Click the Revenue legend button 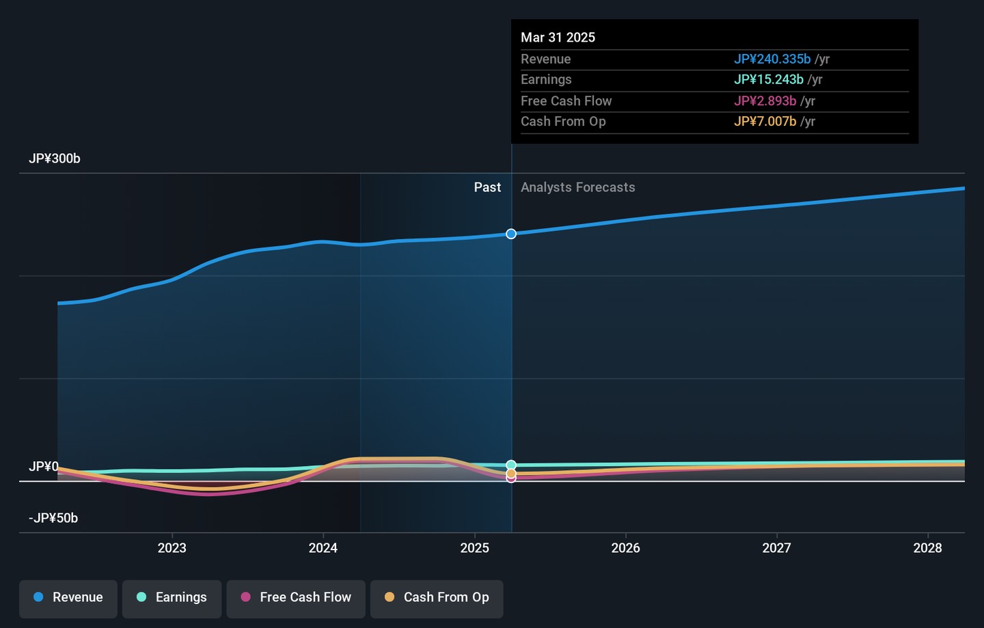(x=68, y=597)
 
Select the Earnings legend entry (x=172, y=597)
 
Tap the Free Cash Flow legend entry (x=296, y=597)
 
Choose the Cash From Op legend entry (x=437, y=597)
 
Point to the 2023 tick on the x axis (x=172, y=548)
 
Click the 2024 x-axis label (x=323, y=548)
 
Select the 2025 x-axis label (x=474, y=548)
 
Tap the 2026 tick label (x=625, y=548)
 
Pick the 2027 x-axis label (x=776, y=548)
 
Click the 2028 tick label (x=927, y=548)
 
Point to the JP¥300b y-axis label (x=55, y=159)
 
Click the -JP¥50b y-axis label (x=53, y=518)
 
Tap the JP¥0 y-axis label (x=44, y=467)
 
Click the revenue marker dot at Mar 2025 (x=511, y=234)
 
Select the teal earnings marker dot (x=511, y=465)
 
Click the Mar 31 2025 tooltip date (x=558, y=38)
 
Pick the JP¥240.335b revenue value (x=772, y=59)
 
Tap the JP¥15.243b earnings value (x=769, y=80)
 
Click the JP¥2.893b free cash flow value (x=765, y=101)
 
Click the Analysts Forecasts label (x=577, y=187)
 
